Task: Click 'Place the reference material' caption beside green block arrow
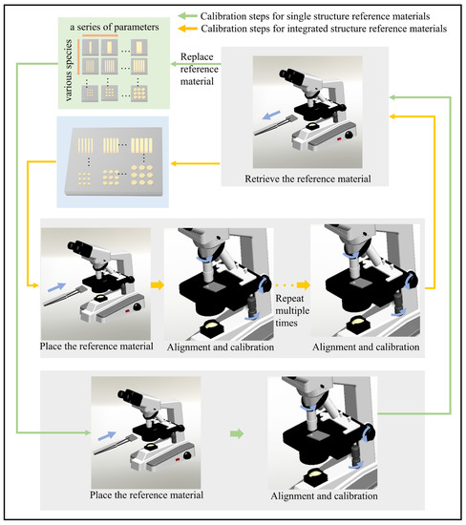145,496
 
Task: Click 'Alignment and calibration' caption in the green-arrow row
324,496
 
